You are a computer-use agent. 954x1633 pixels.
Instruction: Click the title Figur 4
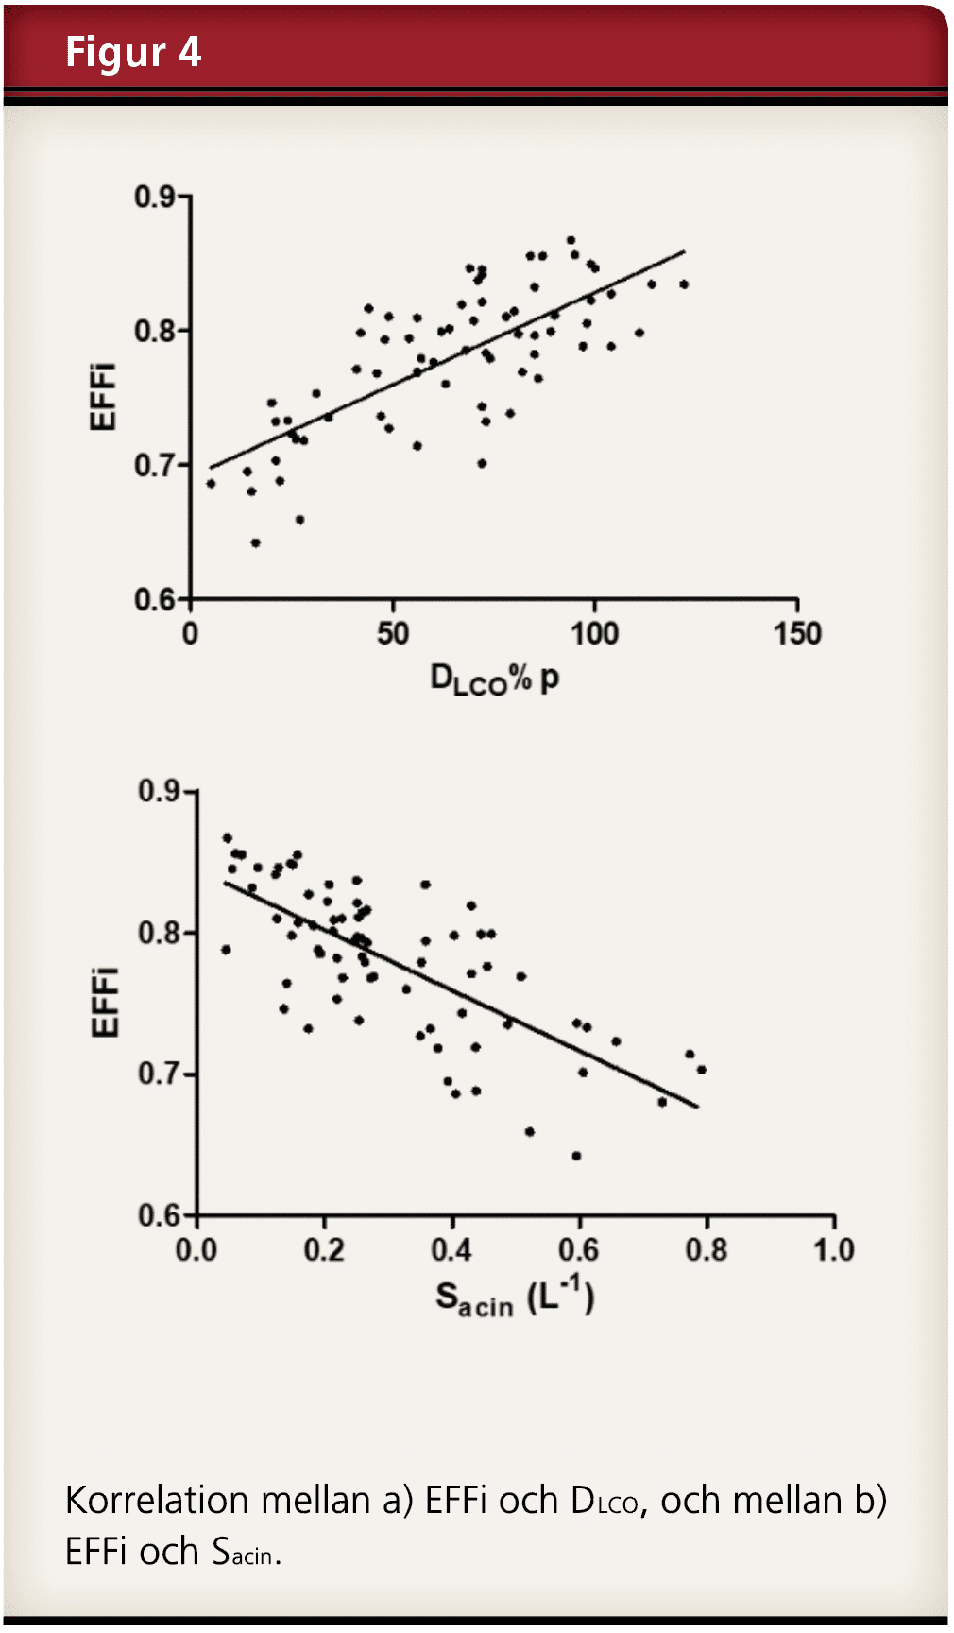point(133,52)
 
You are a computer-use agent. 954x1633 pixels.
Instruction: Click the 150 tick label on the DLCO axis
point(798,633)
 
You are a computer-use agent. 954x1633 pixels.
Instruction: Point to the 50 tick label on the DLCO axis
point(393,633)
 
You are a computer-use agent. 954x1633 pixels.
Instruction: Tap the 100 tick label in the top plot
point(594,633)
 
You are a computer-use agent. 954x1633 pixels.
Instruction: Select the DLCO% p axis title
point(494,679)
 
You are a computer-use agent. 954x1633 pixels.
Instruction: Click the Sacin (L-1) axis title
point(514,1298)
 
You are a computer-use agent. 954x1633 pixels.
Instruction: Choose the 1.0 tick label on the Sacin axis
point(834,1250)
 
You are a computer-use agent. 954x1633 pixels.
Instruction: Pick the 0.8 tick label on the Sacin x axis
point(706,1250)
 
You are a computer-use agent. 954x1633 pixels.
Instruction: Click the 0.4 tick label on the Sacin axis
point(451,1250)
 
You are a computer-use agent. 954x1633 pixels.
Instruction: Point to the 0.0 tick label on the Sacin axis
point(196,1250)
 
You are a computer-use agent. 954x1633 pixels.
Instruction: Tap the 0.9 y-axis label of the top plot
point(155,197)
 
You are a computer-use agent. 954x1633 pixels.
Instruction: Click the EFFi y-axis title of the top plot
point(102,396)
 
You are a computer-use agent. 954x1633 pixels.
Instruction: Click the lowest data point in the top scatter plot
point(255,542)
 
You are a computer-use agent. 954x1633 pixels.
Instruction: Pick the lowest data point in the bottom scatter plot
point(576,1156)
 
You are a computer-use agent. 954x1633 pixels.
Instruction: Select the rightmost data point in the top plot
point(684,284)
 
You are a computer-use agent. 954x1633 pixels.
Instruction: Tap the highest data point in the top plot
point(571,240)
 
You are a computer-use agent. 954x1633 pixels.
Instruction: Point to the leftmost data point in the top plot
point(211,483)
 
